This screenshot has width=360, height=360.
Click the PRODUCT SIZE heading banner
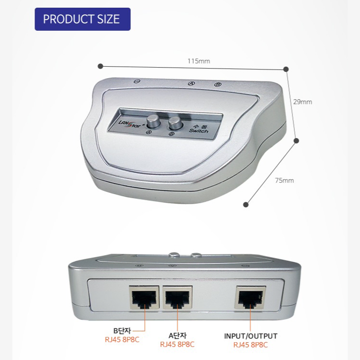tap(82, 19)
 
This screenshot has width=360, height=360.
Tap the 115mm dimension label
tap(198, 61)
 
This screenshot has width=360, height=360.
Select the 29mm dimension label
tap(302, 102)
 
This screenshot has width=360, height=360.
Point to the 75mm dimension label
tap(284, 180)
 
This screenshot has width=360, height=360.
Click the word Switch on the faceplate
tap(198, 130)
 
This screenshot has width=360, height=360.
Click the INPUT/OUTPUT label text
tap(251, 336)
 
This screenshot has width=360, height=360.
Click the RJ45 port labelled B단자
tap(143, 299)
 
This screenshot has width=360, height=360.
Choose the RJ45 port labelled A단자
tap(177, 299)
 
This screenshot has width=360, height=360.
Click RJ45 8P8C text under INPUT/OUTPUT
tap(251, 344)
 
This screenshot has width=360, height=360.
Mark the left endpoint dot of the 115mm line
tap(100, 66)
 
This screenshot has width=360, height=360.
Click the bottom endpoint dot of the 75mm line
tap(246, 204)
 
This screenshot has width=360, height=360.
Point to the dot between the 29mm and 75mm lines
tap(296, 141)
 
